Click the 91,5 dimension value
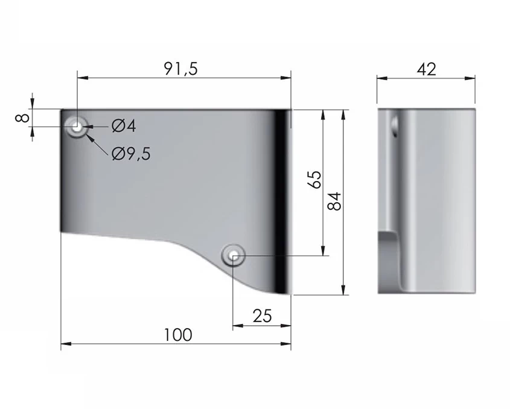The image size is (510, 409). tap(180, 69)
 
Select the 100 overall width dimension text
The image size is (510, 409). tap(178, 335)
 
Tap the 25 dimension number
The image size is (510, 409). tap(262, 316)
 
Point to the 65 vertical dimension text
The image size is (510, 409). tap(314, 179)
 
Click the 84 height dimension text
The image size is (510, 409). tap(335, 201)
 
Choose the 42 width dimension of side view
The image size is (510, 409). tap(426, 69)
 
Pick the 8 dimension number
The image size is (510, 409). tap(22, 118)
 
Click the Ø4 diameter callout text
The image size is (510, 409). tap(124, 126)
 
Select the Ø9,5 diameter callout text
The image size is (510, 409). tap(131, 154)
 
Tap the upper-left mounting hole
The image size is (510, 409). tap(77, 127)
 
